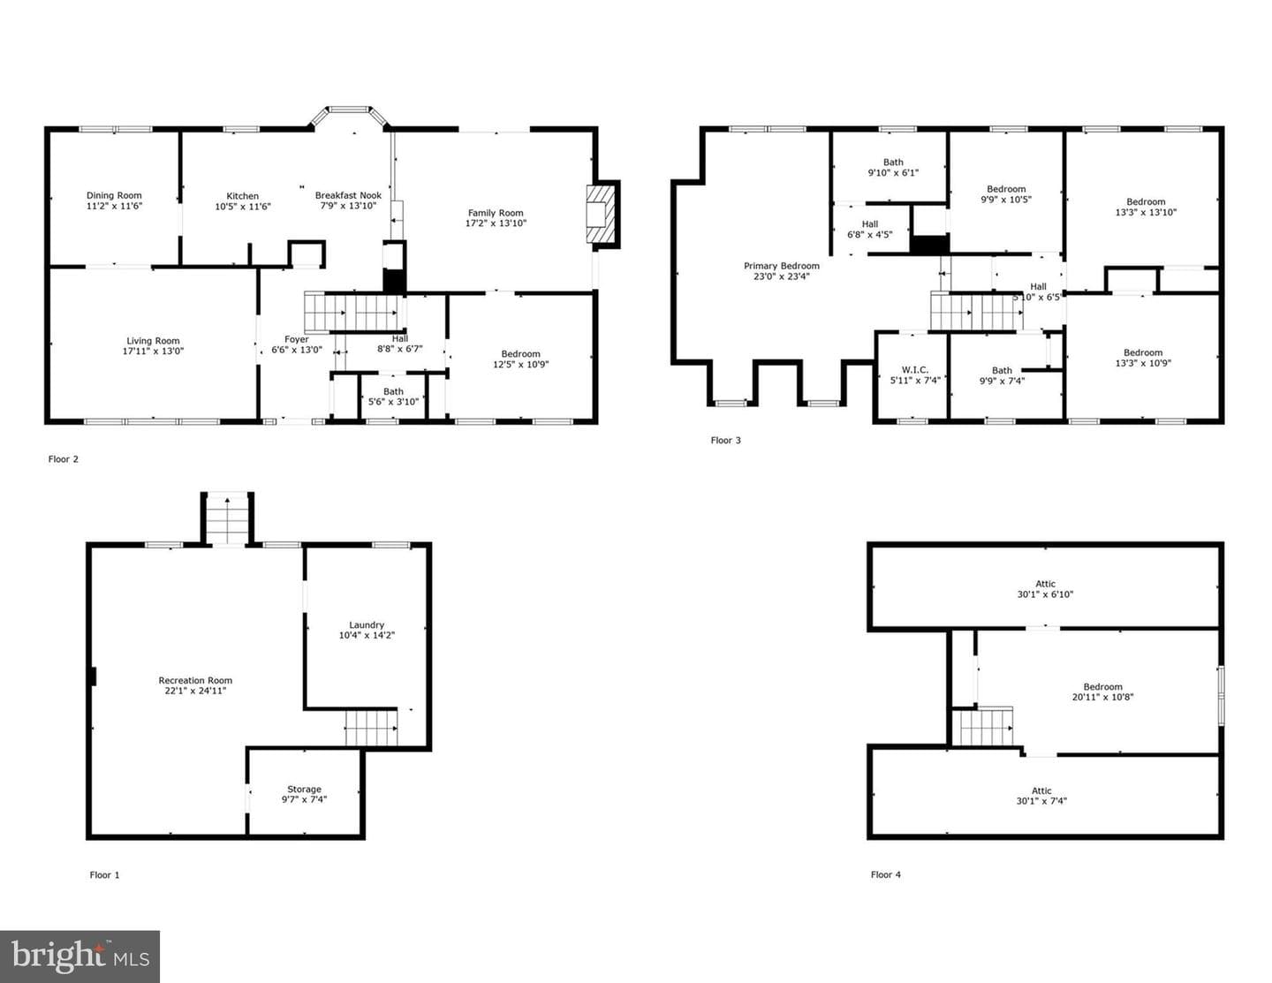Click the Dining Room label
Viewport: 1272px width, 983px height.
pos(114,195)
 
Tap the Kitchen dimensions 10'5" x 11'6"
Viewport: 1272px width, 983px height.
pos(243,207)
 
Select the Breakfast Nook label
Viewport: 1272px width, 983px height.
pos(348,195)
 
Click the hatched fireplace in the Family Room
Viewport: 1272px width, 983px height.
pos(602,214)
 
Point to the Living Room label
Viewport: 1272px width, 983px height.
pos(154,341)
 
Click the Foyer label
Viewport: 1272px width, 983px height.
pos(297,339)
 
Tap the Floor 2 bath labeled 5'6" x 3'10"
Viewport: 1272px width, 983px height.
pos(393,397)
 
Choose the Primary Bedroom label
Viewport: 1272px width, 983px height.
pos(782,266)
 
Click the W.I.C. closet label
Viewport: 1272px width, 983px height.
pos(915,370)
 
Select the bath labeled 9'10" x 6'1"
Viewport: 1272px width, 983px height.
pos(893,167)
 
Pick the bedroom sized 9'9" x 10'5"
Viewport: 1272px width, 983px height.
pos(1006,194)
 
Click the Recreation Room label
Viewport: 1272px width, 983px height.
pos(195,680)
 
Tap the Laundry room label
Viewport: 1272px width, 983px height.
pos(367,625)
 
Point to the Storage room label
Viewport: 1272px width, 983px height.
pos(305,790)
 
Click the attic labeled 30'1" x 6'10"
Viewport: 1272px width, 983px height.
pos(1046,589)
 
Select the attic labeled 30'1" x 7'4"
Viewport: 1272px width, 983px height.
pos(1042,796)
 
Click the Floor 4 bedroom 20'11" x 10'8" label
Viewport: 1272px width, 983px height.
pos(1102,692)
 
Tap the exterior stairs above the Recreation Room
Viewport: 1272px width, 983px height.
pos(228,519)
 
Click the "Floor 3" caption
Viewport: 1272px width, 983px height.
pos(726,441)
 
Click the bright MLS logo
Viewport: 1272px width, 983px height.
pos(80,957)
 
